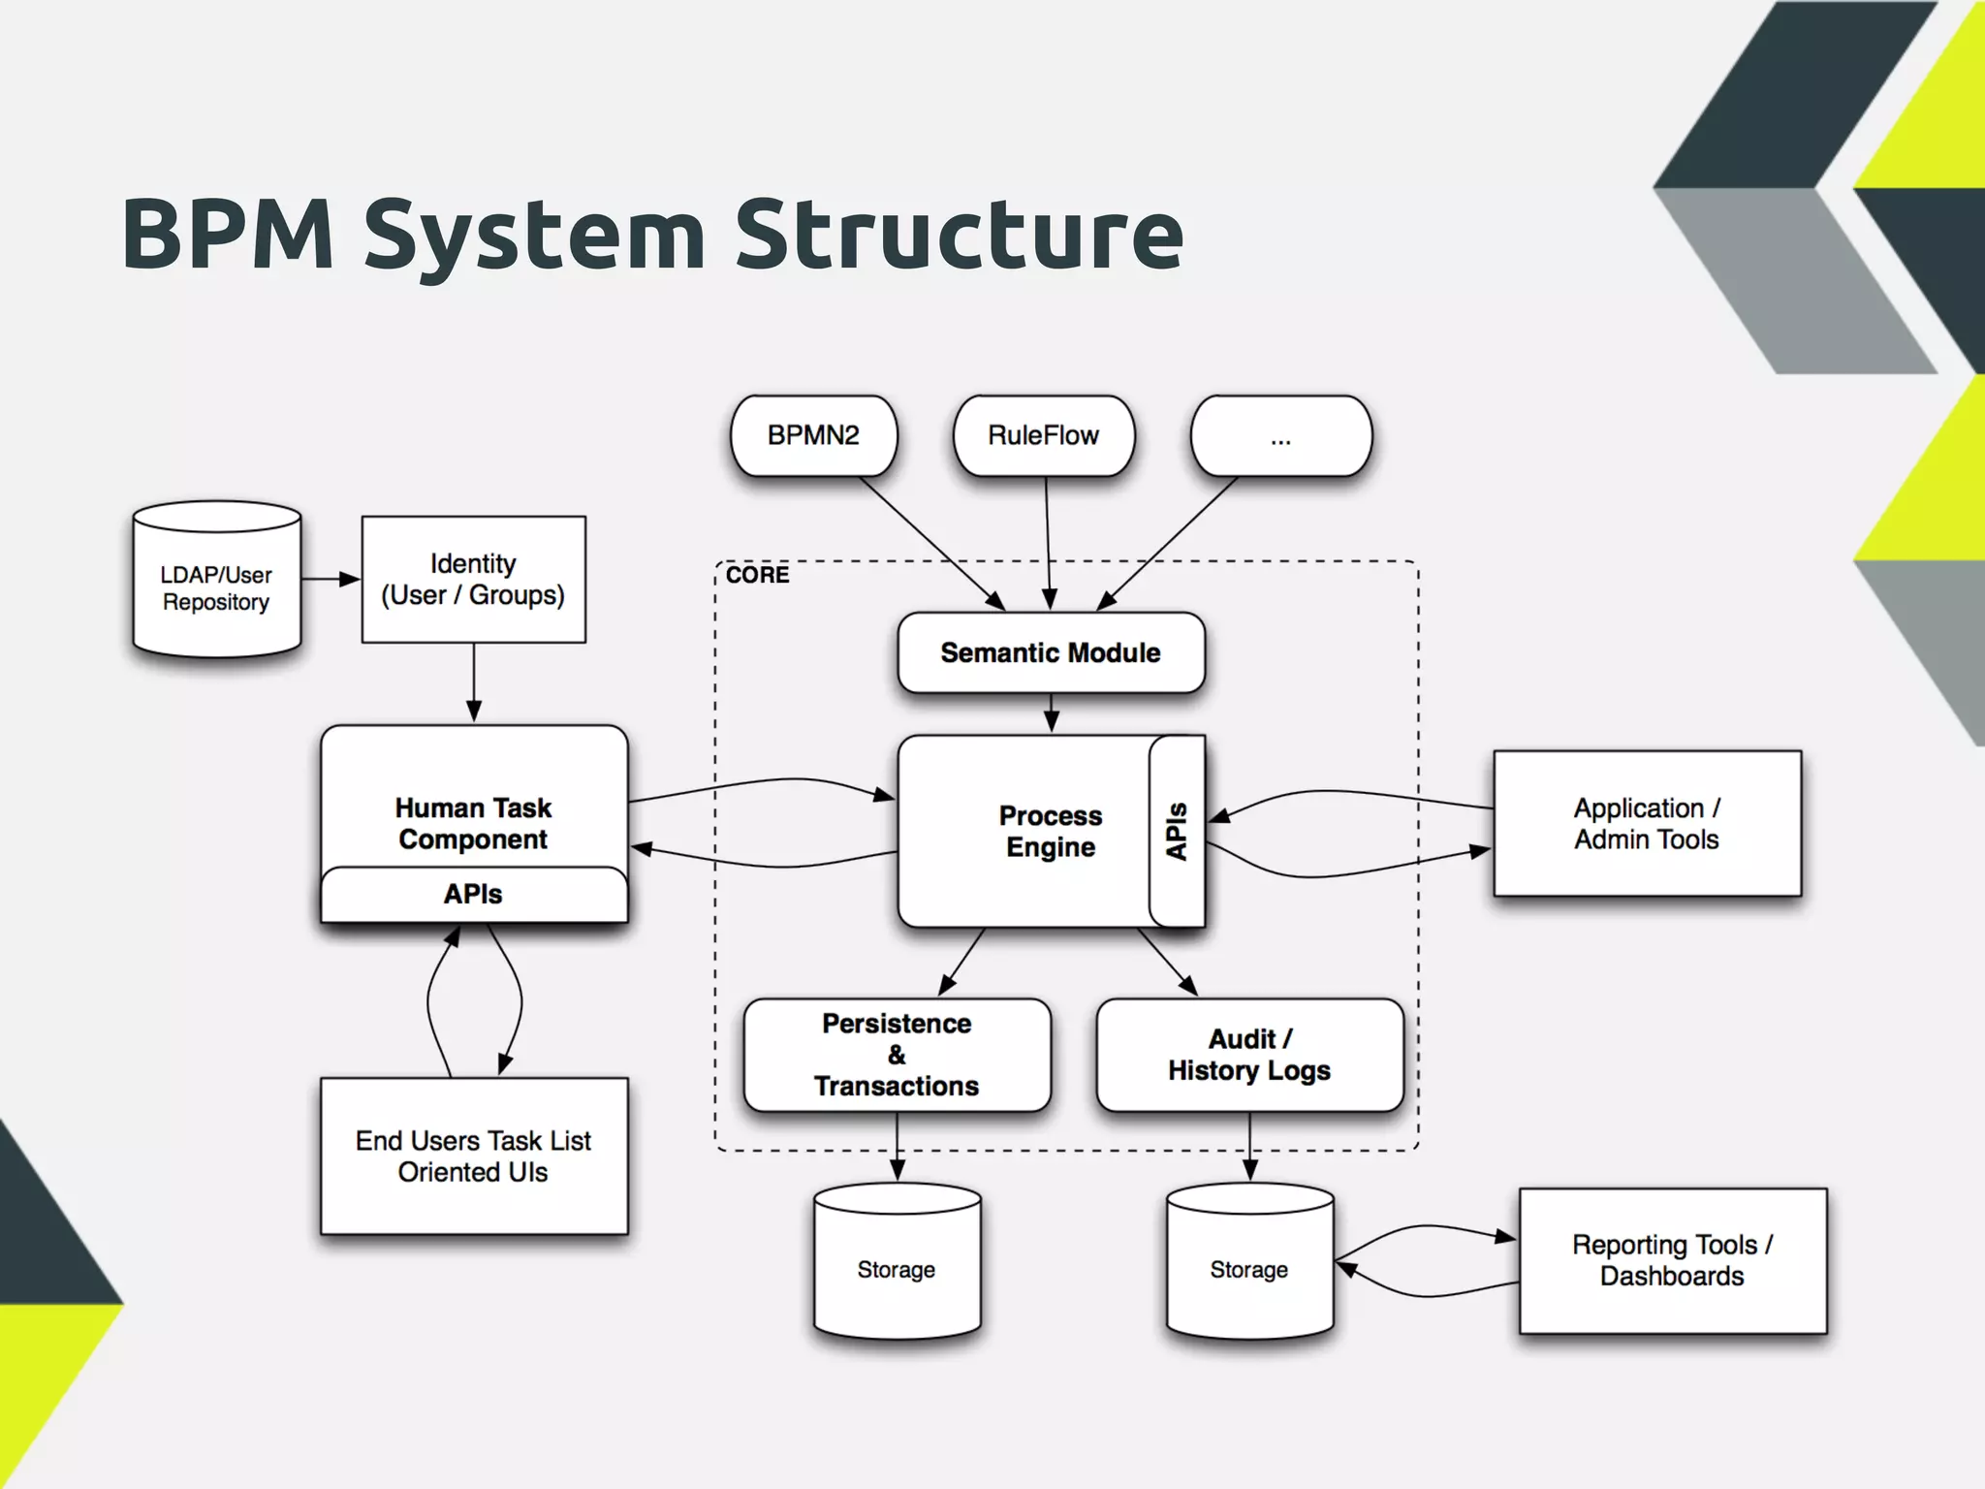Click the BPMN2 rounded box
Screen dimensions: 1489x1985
[813, 435]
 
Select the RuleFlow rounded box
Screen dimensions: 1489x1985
[1043, 435]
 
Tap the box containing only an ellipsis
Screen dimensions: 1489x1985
[1280, 437]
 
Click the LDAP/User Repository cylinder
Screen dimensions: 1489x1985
[216, 587]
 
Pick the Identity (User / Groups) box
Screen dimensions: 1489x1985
[473, 580]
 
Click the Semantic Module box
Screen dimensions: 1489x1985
[1051, 652]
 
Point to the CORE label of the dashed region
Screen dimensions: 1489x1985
[757, 575]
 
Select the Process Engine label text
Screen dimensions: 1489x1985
[1051, 831]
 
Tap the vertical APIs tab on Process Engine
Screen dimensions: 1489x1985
[1177, 831]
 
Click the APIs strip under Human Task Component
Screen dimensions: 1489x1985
[473, 894]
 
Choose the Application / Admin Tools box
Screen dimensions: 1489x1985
[1647, 823]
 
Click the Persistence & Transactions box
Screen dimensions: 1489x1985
[897, 1055]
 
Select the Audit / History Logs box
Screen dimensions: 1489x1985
[1249, 1055]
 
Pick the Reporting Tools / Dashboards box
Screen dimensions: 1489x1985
[1672, 1260]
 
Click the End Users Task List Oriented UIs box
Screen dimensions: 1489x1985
[473, 1156]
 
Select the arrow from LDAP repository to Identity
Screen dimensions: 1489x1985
[331, 579]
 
